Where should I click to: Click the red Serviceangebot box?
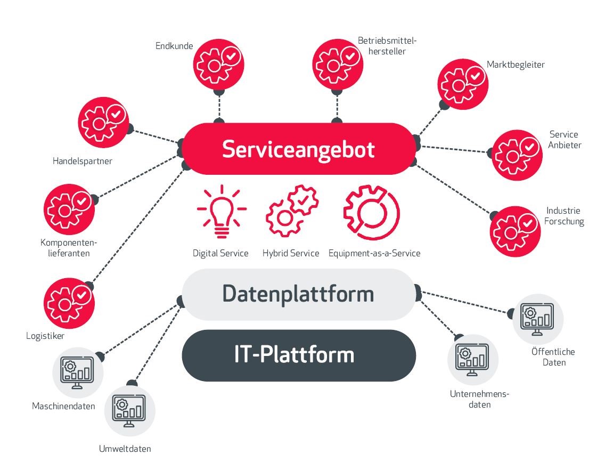(298, 149)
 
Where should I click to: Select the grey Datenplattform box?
(298, 294)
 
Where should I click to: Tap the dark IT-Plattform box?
(298, 355)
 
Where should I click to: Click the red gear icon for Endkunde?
(218, 63)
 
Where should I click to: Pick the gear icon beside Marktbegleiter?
(463, 84)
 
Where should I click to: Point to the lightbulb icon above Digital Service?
(222, 211)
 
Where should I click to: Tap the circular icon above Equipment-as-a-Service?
(372, 211)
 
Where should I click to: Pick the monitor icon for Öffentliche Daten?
(538, 319)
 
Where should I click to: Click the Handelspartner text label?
(83, 161)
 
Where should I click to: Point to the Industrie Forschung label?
(564, 216)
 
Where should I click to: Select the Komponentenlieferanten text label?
(65, 248)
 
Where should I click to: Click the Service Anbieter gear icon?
(517, 155)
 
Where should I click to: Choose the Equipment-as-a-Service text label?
(374, 253)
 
